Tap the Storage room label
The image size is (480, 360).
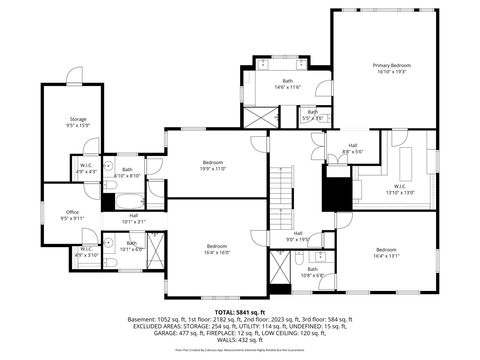pyautogui.click(x=77, y=122)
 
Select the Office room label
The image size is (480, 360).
pyautogui.click(x=72, y=214)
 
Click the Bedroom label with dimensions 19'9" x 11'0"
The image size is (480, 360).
pyautogui.click(x=213, y=165)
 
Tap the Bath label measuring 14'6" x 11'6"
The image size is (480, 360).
pyautogui.click(x=287, y=84)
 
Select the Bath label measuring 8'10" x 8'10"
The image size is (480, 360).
pyautogui.click(x=127, y=172)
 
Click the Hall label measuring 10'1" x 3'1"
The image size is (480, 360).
pyautogui.click(x=133, y=218)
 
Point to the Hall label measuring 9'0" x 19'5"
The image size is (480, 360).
pyautogui.click(x=297, y=236)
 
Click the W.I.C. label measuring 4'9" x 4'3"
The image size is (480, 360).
pyautogui.click(x=86, y=168)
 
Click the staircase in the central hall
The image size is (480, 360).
pyautogui.click(x=287, y=185)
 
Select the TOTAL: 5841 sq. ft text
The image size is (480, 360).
pyautogui.click(x=240, y=311)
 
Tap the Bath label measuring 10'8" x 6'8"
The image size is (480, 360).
pyautogui.click(x=313, y=271)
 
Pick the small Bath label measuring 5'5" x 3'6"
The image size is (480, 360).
pyautogui.click(x=313, y=116)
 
